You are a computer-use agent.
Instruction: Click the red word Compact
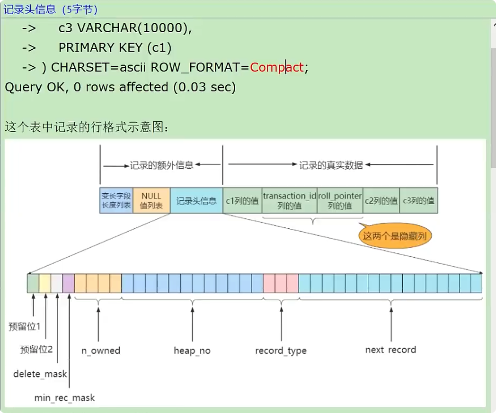click(276, 67)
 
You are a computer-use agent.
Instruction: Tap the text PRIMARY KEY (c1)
click(115, 48)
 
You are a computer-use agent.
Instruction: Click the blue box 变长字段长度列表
click(116, 200)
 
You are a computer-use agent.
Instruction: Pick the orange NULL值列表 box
click(151, 200)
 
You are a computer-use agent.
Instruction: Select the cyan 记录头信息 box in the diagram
click(196, 201)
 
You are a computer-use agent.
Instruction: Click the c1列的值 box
click(242, 201)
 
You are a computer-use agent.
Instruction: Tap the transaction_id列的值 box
click(289, 201)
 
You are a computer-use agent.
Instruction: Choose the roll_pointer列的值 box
click(340, 201)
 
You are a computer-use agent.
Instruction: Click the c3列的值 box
click(418, 201)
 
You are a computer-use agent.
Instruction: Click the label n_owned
click(101, 350)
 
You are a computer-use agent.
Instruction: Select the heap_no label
click(192, 350)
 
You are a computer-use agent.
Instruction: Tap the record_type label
click(281, 350)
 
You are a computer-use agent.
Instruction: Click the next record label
click(390, 350)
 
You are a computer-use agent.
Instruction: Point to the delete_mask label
click(40, 374)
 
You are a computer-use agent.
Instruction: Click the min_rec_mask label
click(64, 397)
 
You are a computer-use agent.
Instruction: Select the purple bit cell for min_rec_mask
click(69, 283)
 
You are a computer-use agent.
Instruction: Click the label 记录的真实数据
click(331, 165)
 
